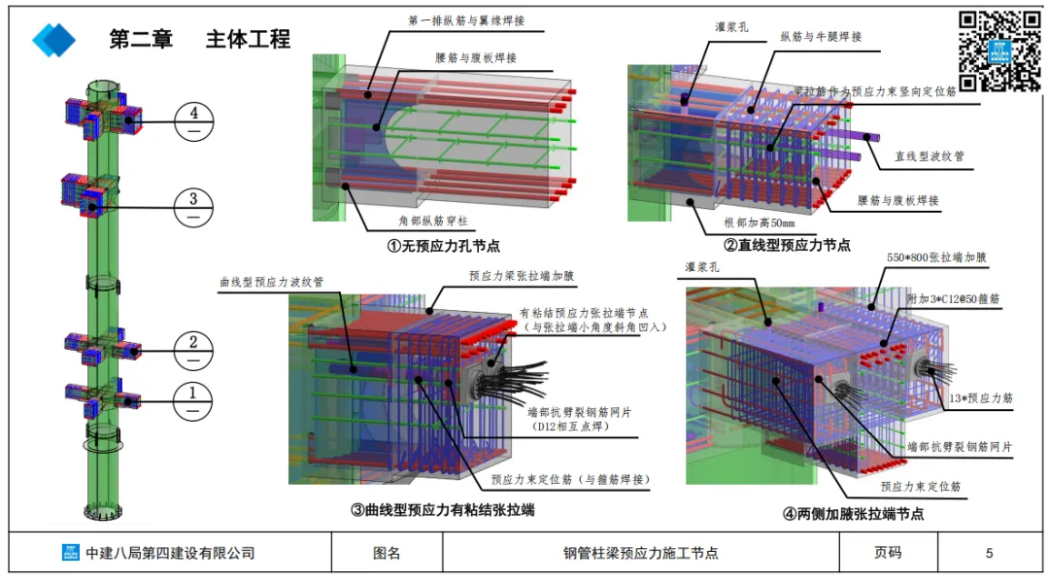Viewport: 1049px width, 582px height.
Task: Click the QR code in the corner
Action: pos(999,51)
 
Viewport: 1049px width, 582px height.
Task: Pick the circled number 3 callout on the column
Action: pos(194,207)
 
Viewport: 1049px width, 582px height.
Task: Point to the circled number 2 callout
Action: pos(194,347)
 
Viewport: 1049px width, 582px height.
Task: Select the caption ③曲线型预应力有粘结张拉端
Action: pos(442,509)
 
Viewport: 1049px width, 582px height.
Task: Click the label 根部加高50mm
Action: pos(760,223)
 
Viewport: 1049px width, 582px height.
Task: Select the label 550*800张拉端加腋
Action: pos(936,259)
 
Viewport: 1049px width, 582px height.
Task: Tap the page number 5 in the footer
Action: pos(989,553)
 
